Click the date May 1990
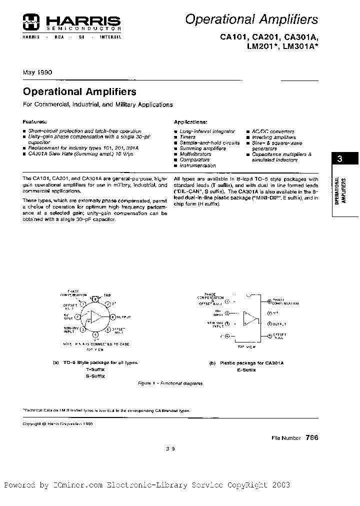click(37, 72)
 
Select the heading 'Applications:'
click(190, 122)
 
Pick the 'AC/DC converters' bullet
click(273, 131)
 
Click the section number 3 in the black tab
click(340, 159)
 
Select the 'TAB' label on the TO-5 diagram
click(107, 295)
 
